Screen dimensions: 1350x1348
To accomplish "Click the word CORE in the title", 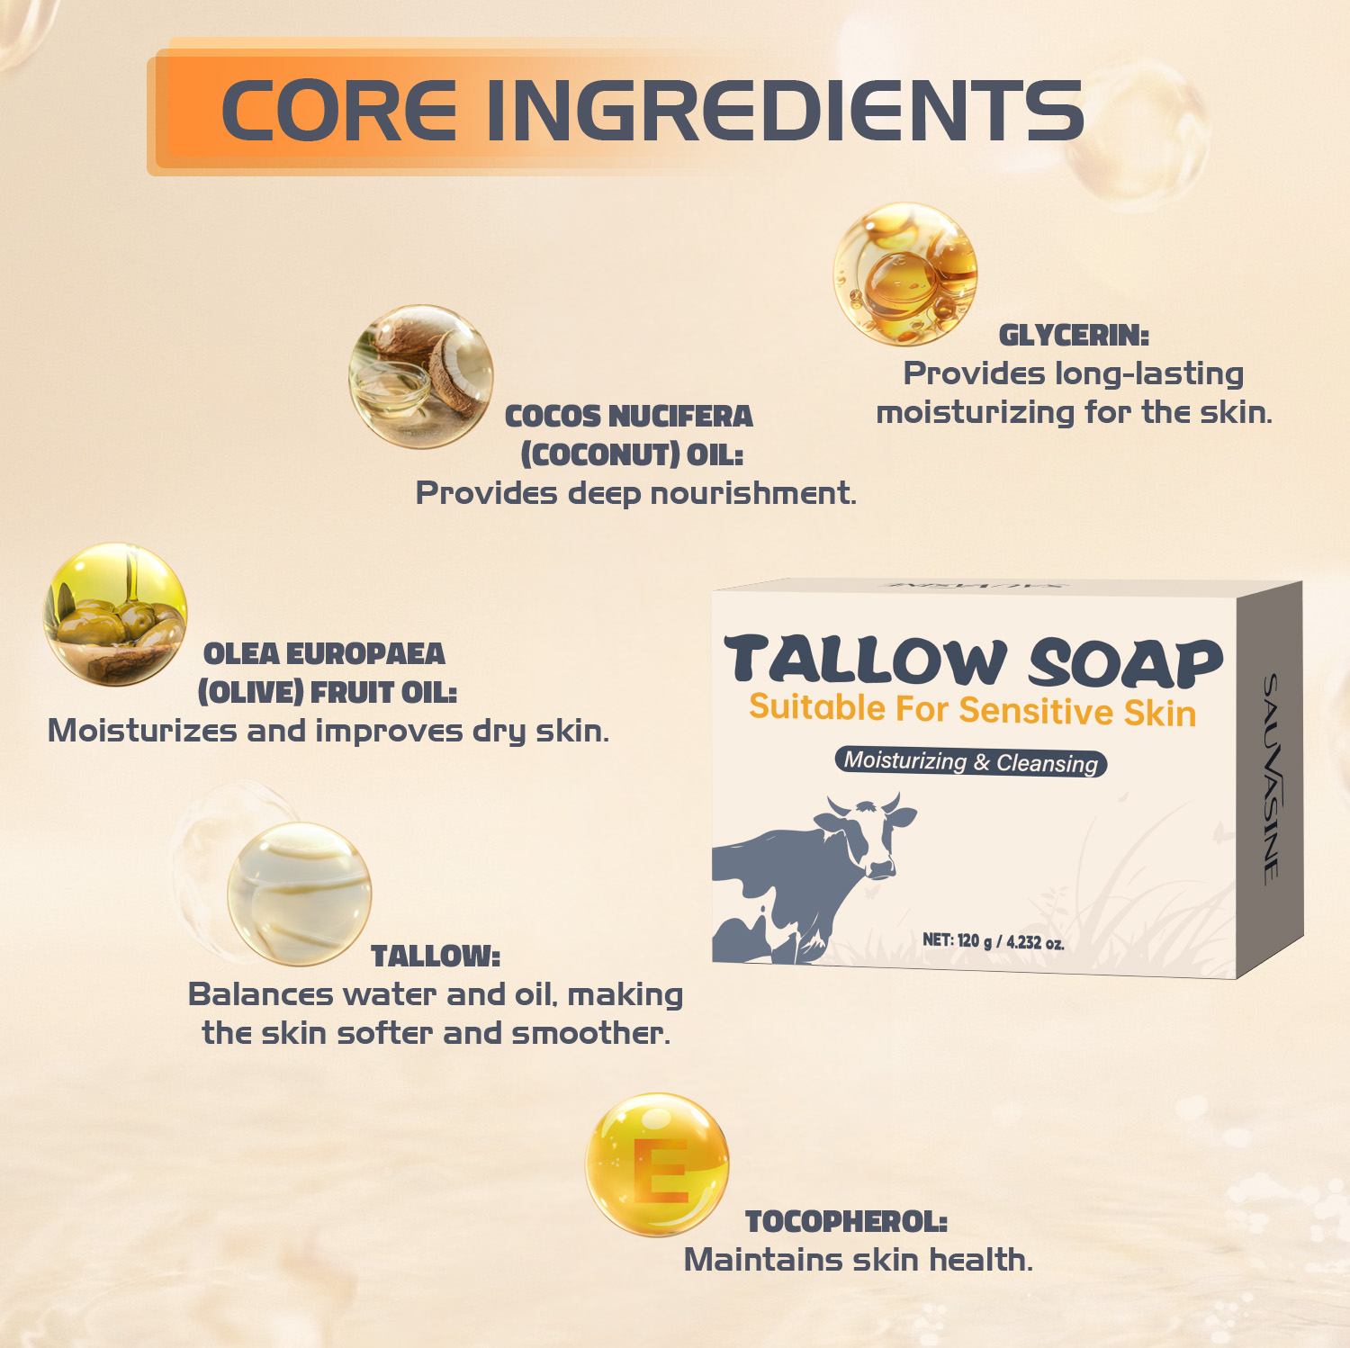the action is click(338, 110).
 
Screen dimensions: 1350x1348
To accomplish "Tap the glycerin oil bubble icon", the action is click(904, 274).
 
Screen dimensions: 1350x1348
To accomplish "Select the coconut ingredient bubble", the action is click(421, 376).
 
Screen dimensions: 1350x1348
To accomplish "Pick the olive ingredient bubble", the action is click(115, 614).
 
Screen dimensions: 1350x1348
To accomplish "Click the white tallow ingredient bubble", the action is click(299, 894).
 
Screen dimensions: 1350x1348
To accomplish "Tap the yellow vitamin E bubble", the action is click(657, 1164).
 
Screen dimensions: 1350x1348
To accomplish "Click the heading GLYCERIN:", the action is click(1074, 335).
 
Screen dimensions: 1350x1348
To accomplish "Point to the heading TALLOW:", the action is click(436, 956).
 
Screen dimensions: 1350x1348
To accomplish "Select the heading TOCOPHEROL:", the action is click(846, 1221).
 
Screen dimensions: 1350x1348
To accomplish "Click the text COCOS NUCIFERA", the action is click(628, 416).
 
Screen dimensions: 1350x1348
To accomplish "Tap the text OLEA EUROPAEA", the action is click(324, 653).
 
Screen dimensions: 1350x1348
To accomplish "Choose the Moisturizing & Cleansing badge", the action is click(970, 761).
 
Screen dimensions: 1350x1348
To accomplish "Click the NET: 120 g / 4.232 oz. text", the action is click(994, 940).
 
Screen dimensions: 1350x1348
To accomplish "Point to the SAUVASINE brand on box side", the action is click(1271, 779).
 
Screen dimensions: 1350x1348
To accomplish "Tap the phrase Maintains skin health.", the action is click(859, 1260).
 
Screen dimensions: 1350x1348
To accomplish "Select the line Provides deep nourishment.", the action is click(635, 493).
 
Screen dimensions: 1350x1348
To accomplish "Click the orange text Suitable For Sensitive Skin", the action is click(973, 710).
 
